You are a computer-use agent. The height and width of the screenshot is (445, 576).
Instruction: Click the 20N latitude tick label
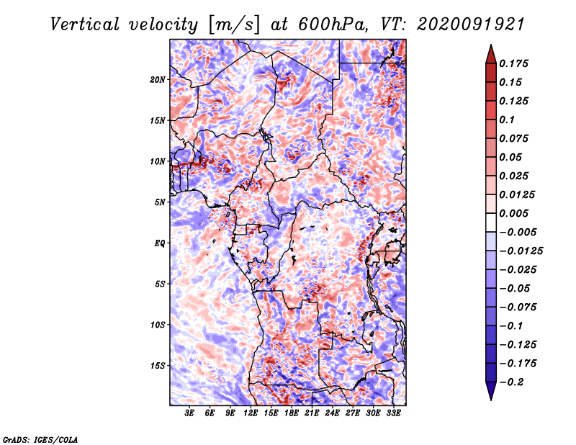pos(158,80)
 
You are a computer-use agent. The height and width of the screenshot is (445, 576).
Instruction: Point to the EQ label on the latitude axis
pos(160,243)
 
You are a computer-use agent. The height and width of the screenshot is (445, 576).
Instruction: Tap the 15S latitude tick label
pos(158,366)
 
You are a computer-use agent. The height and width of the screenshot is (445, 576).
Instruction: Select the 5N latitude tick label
pos(160,202)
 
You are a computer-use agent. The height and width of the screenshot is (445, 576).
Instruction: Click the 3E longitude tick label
pos(189,413)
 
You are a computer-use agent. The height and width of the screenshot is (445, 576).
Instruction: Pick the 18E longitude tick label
pos(292,413)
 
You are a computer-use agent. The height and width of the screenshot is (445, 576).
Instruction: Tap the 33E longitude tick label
pos(393,413)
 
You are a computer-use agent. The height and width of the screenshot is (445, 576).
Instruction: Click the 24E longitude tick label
pos(332,413)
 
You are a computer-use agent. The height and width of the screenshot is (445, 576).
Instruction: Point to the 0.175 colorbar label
pos(513,63)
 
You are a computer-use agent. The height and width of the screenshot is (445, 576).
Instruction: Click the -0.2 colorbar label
pos(511,382)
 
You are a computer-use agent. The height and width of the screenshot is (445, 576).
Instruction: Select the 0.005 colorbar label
pos(513,213)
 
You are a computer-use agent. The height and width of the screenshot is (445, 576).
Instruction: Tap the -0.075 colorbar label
pos(518,307)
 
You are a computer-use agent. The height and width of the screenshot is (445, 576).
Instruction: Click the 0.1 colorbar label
pos(507,120)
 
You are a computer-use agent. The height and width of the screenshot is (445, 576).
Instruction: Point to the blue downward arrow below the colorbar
pos(491,391)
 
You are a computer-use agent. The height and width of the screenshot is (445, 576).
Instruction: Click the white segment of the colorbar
pos(491,223)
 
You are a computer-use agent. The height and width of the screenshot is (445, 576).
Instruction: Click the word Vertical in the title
pos(85,24)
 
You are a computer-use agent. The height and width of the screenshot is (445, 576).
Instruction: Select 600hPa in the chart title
pos(333,24)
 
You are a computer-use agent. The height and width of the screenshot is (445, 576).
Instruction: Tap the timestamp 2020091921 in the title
pos(471,24)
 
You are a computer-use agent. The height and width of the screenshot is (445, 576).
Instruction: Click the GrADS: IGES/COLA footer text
pos(40,440)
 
